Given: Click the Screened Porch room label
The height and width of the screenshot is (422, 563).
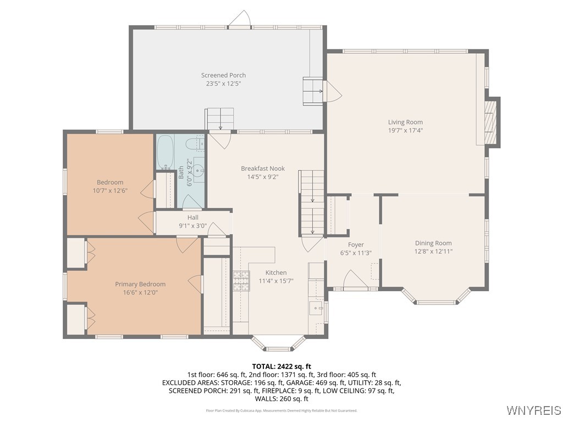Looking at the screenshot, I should [223, 75].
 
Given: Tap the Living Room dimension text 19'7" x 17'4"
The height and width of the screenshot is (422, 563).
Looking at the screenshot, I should [405, 131].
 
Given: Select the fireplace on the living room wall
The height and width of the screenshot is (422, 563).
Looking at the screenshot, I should [493, 122].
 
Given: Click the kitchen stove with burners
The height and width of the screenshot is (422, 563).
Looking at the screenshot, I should [241, 281].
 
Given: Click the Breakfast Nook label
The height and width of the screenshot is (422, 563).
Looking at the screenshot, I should [263, 168].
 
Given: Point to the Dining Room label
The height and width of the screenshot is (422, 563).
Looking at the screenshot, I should [433, 243].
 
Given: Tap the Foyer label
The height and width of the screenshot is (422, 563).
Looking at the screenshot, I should [356, 245].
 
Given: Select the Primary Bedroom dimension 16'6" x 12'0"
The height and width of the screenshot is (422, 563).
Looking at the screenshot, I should [140, 293].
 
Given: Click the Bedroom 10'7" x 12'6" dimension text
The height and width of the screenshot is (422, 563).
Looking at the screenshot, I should [110, 191].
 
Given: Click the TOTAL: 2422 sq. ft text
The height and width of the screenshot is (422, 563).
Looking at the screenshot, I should [281, 366].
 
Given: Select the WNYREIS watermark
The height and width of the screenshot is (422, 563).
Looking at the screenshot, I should [533, 410].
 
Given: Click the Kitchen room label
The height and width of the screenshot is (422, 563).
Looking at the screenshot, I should [276, 273].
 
